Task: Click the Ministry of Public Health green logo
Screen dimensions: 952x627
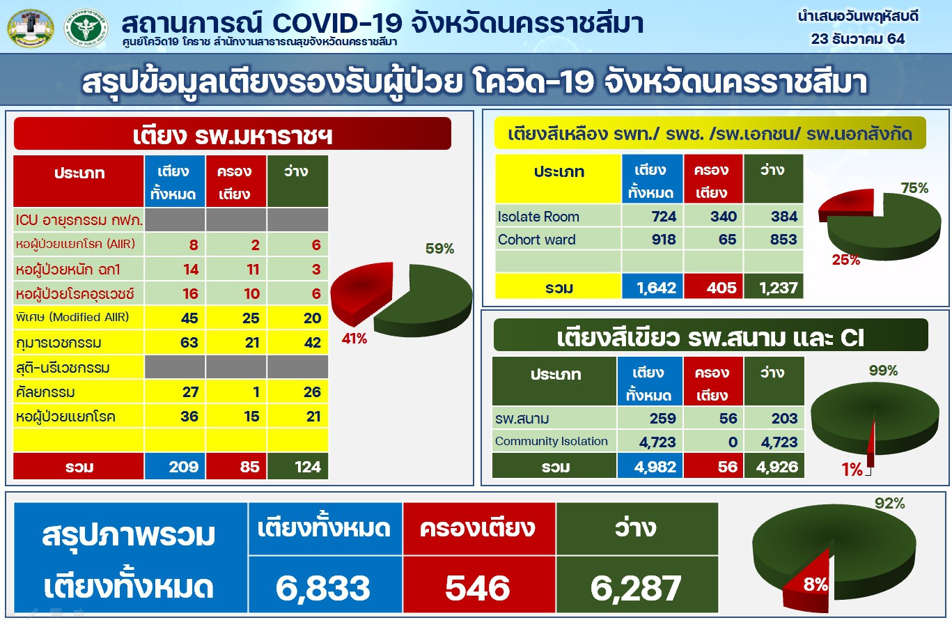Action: pyautogui.click(x=86, y=28)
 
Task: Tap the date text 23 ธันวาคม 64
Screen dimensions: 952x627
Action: pyautogui.click(x=858, y=39)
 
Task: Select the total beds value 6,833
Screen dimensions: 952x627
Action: pyautogui.click(x=323, y=587)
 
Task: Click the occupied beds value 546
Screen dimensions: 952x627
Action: pyautogui.click(x=477, y=587)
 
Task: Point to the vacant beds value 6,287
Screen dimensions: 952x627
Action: pyautogui.click(x=636, y=587)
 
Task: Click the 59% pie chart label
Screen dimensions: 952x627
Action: pyautogui.click(x=439, y=249)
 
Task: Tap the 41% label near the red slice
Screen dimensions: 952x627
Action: pyautogui.click(x=354, y=339)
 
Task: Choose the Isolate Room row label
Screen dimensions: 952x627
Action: pyautogui.click(x=538, y=217)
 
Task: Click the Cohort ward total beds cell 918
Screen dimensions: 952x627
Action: pyautogui.click(x=664, y=240)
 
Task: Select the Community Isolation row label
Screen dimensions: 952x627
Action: pyautogui.click(x=552, y=441)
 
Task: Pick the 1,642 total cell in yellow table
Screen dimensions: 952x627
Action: pyautogui.click(x=656, y=288)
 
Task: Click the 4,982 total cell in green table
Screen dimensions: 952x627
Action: pyautogui.click(x=655, y=467)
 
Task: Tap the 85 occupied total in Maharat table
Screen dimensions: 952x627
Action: pyautogui.click(x=249, y=467)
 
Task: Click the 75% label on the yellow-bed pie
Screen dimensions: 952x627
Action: pyautogui.click(x=914, y=188)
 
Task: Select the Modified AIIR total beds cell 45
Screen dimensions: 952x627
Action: pyautogui.click(x=189, y=318)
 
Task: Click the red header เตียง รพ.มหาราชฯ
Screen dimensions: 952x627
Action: pyautogui.click(x=233, y=134)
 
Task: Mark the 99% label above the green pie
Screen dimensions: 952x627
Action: pyautogui.click(x=883, y=371)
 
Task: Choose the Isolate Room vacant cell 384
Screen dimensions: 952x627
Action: pyautogui.click(x=784, y=217)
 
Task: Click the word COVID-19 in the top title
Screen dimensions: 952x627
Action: pyautogui.click(x=337, y=24)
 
